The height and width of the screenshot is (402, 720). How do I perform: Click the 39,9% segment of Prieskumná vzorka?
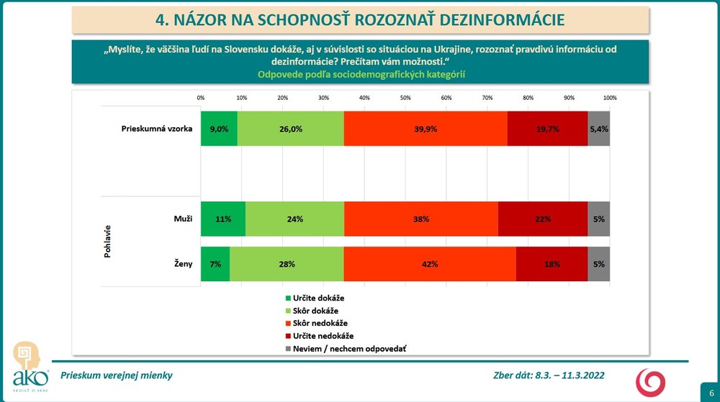(425, 129)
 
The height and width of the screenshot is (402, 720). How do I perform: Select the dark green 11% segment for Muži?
(222, 219)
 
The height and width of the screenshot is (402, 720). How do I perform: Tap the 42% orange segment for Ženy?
(429, 264)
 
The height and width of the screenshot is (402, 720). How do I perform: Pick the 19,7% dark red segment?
(547, 129)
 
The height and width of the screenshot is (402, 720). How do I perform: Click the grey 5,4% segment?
(598, 129)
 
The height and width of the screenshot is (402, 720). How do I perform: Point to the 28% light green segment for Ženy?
(287, 264)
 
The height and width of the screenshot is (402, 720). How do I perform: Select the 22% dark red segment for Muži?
(542, 219)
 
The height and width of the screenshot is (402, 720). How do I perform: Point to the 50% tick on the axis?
(405, 98)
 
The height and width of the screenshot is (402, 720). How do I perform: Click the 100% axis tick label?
(609, 98)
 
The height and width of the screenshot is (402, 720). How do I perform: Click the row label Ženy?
(183, 264)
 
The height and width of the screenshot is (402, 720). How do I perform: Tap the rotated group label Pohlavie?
(107, 241)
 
